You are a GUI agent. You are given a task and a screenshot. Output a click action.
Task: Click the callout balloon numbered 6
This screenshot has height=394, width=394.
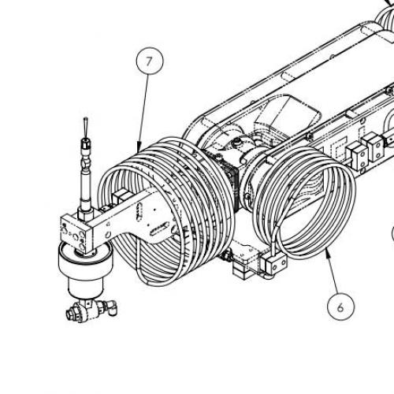click(x=340, y=307)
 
